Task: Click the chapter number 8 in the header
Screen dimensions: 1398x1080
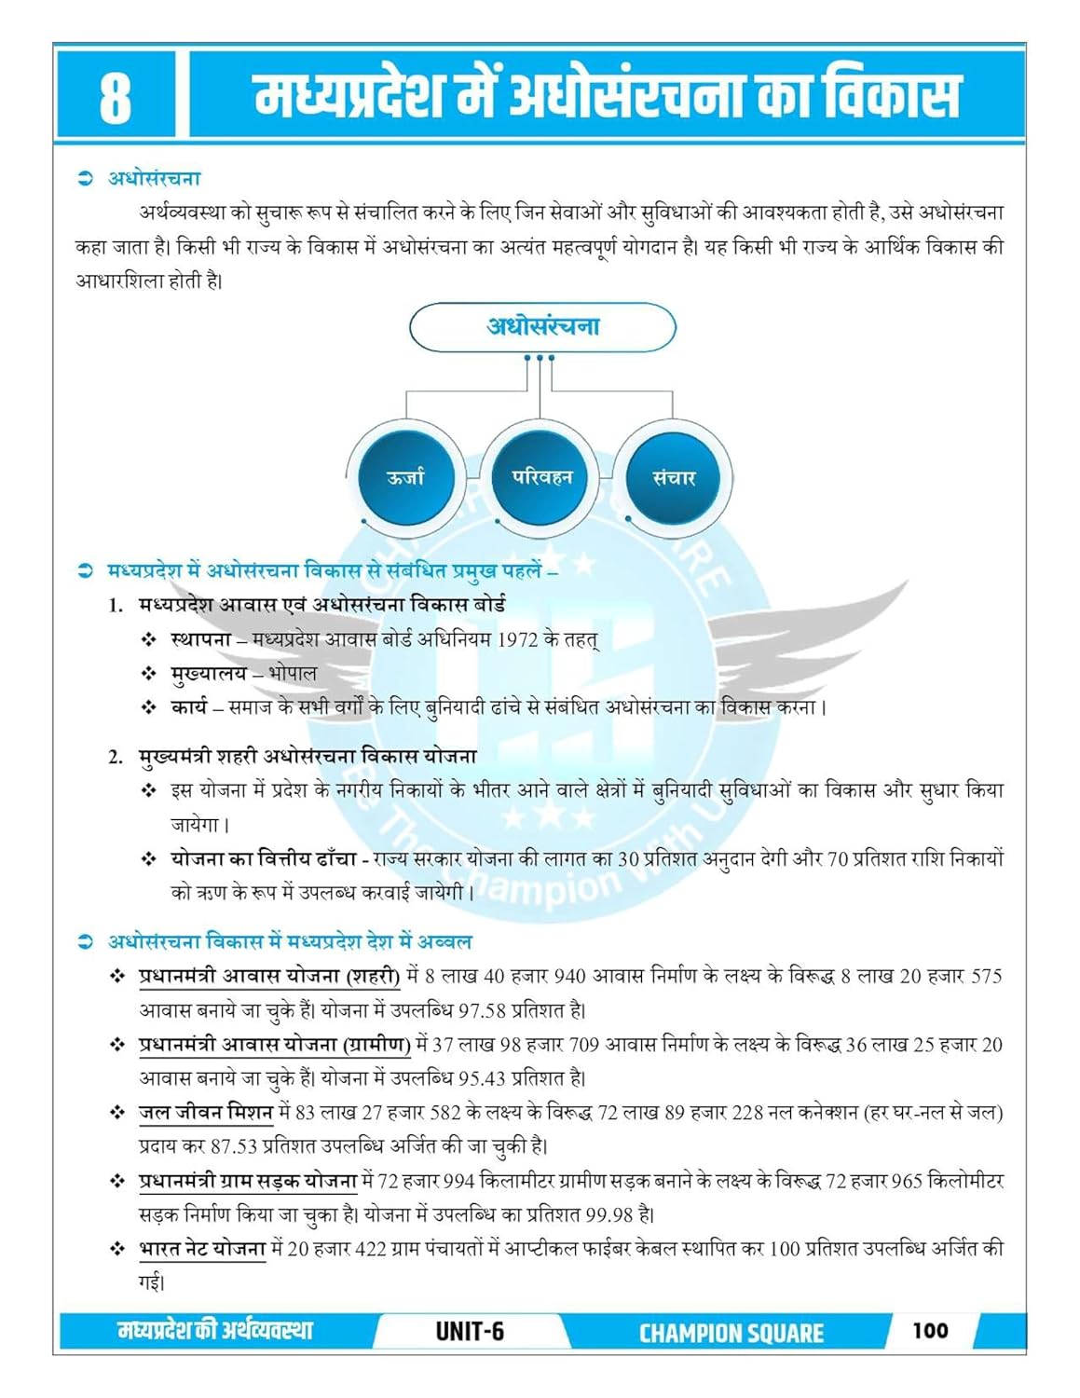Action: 115,97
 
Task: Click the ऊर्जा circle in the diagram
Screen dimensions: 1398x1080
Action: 404,477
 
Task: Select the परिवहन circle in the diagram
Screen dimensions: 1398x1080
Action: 541,477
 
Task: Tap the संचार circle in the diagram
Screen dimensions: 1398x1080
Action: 674,477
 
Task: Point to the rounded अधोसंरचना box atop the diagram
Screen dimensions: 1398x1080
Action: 542,327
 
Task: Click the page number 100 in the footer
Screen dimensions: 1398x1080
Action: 930,1330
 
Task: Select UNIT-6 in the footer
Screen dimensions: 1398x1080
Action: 470,1331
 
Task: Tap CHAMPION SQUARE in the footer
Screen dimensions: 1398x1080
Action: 731,1333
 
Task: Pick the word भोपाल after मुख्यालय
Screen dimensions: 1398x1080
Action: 293,673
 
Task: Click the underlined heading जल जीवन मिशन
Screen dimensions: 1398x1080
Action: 206,1112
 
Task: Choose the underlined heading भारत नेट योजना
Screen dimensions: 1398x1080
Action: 202,1248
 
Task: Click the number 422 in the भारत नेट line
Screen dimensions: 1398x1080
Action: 371,1249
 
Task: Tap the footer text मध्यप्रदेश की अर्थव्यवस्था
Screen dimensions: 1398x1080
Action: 215,1331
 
